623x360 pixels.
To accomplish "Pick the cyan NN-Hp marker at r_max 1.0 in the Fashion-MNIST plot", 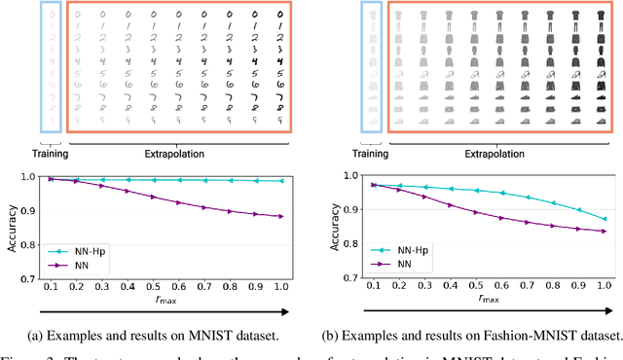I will pos(604,219).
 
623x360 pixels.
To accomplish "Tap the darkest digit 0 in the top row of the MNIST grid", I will pos(281,15).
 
